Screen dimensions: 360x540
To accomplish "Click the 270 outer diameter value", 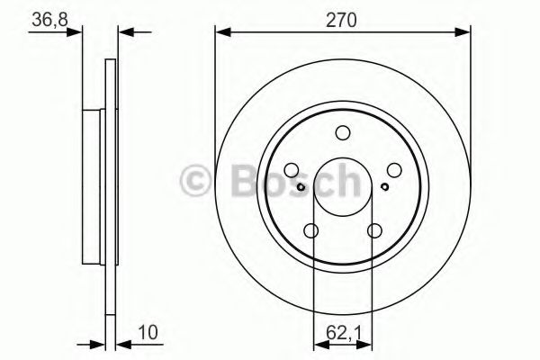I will [x=342, y=18].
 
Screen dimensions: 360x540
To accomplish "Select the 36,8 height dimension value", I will [x=49, y=18].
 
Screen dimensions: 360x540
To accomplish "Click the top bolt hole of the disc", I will [x=342, y=134].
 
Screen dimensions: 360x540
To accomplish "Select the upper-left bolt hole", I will [x=292, y=169].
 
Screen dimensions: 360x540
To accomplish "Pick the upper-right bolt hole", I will [x=393, y=169].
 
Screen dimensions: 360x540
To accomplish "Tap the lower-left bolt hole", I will [x=311, y=231].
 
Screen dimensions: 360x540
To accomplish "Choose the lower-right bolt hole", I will [x=373, y=231].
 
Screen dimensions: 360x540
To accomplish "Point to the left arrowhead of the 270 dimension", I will [x=220, y=33].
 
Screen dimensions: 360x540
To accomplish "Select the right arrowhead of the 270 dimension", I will [x=465, y=33].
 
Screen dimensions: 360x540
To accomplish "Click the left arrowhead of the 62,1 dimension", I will [x=318, y=343].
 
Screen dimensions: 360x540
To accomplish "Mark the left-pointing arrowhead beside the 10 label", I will [x=122, y=343].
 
